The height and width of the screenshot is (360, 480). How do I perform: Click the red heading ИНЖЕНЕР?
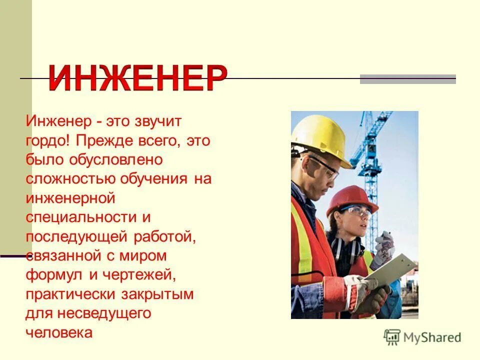click(x=137, y=78)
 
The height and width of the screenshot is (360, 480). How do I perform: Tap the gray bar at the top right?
click(x=408, y=79)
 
